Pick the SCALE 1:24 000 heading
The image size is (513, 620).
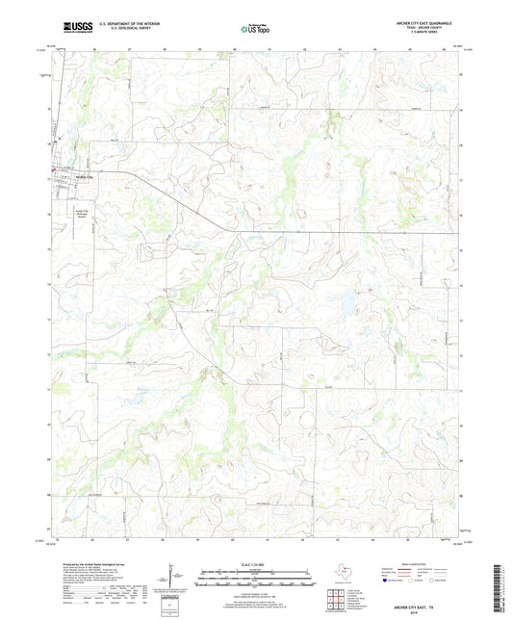256,563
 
